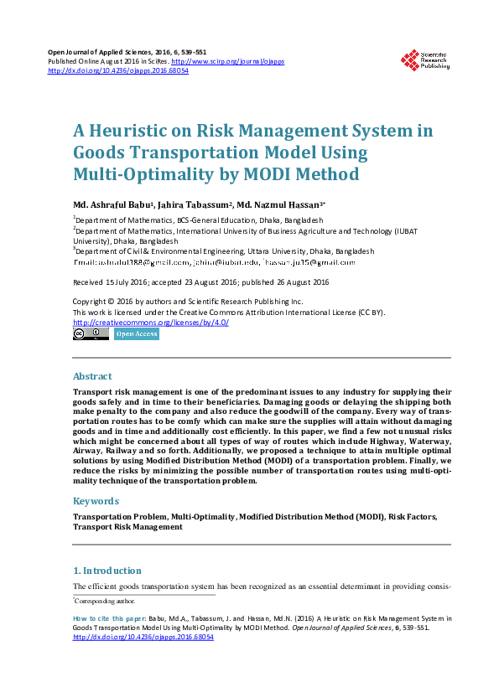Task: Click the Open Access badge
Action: click(136, 333)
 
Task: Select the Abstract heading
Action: click(92, 376)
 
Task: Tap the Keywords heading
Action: click(96, 501)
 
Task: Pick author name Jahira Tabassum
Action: click(197, 205)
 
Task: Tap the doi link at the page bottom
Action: click(143, 637)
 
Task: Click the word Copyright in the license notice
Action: click(92, 302)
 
